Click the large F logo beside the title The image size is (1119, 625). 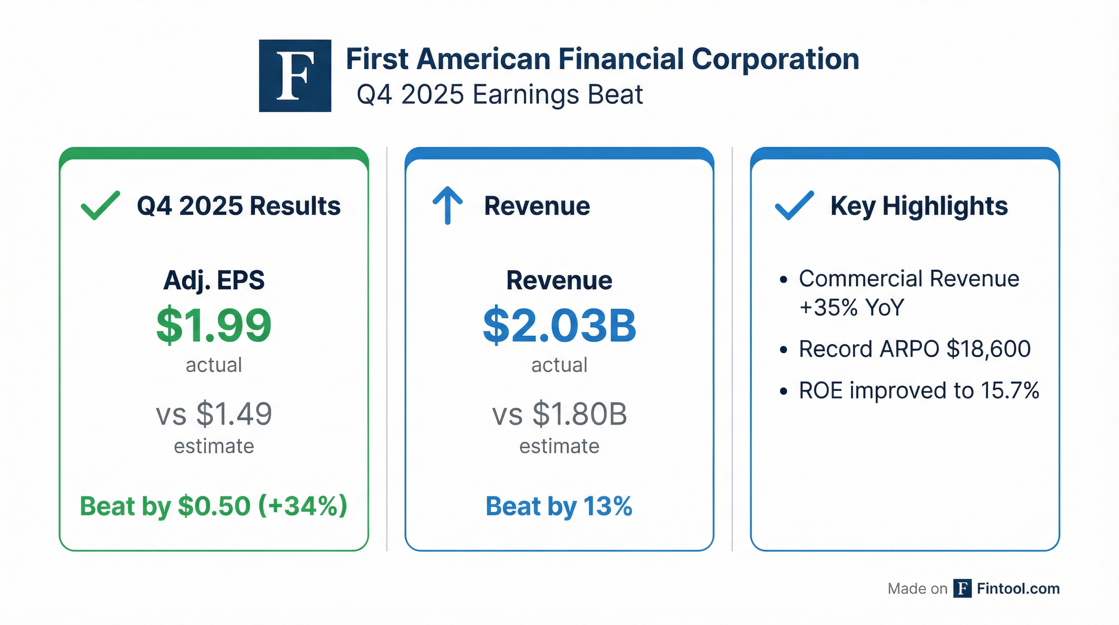pyautogui.click(x=295, y=76)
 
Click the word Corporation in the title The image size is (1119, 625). pyautogui.click(x=775, y=59)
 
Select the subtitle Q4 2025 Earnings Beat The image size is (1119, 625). pyautogui.click(x=500, y=95)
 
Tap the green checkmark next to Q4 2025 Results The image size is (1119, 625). pyautogui.click(x=100, y=205)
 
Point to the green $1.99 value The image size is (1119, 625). pyautogui.click(x=214, y=326)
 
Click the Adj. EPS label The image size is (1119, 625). pyautogui.click(x=214, y=280)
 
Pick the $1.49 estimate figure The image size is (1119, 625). pyautogui.click(x=234, y=414)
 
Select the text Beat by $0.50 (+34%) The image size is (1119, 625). pyautogui.click(x=214, y=506)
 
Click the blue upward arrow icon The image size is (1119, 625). pyautogui.click(x=447, y=205)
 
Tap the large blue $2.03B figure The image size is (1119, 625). pyautogui.click(x=559, y=326)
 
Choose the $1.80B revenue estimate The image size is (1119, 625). pyautogui.click(x=580, y=414)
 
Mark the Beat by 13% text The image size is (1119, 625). pyautogui.click(x=559, y=506)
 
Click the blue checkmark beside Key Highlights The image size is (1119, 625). pyautogui.click(x=794, y=205)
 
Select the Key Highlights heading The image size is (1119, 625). pyautogui.click(x=919, y=206)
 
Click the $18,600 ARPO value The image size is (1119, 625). pyautogui.click(x=988, y=349)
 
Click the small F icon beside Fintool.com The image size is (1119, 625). pyautogui.click(x=962, y=588)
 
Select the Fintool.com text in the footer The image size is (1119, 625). pyautogui.click(x=1018, y=588)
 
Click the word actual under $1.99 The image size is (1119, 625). pyautogui.click(x=214, y=365)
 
